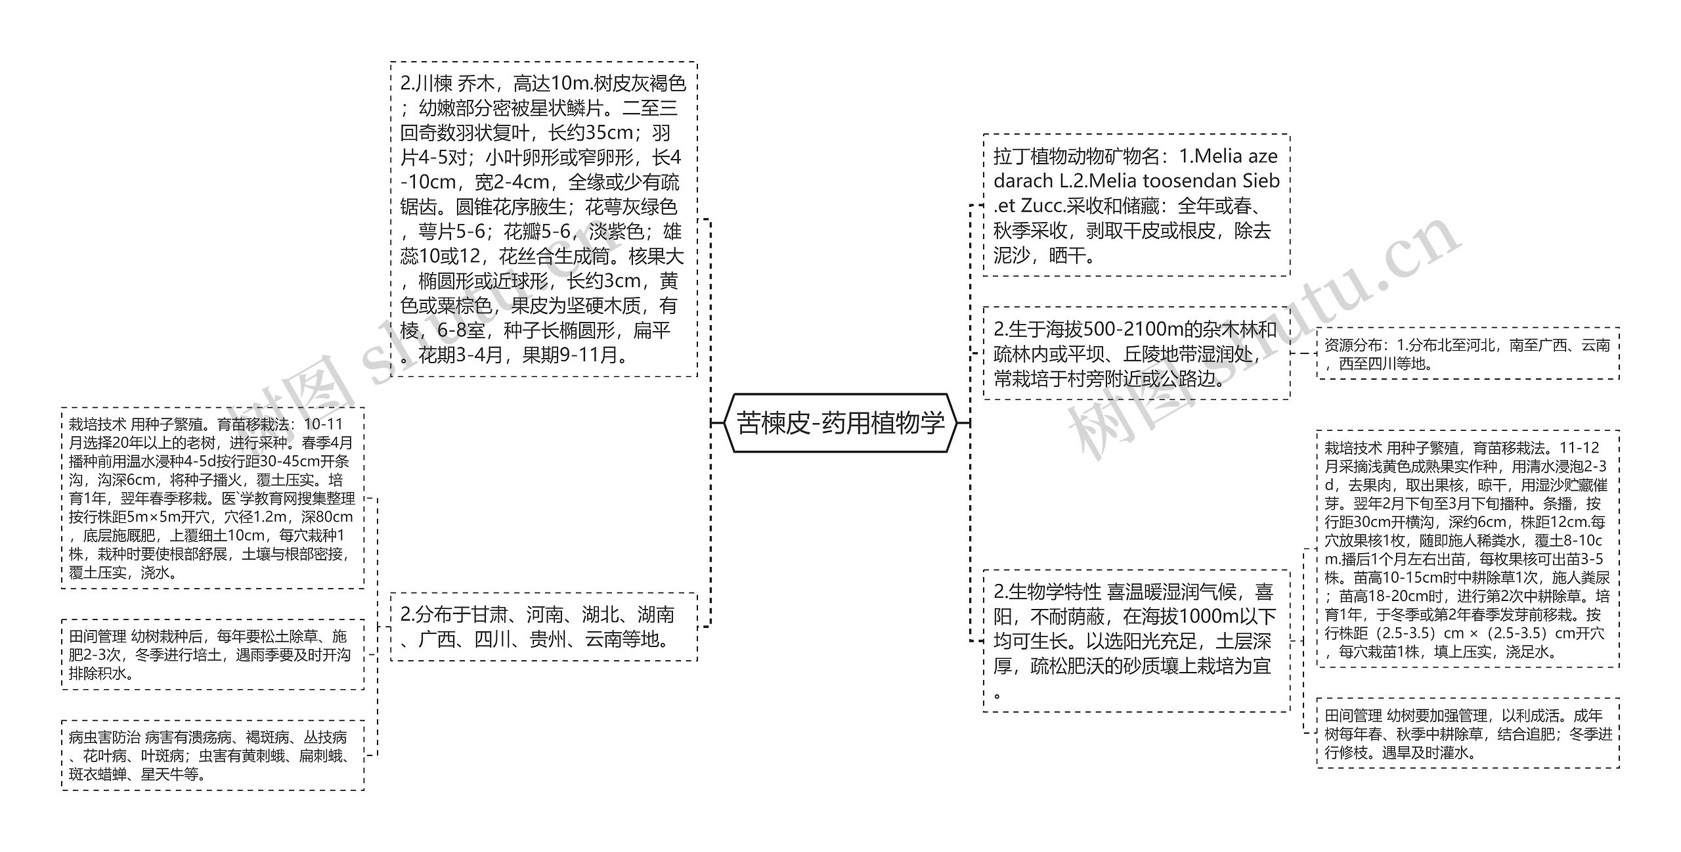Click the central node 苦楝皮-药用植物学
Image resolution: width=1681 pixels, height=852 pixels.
(840, 423)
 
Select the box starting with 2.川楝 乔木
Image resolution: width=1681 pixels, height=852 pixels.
(544, 219)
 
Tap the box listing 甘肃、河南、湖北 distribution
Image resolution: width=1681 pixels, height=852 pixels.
(544, 627)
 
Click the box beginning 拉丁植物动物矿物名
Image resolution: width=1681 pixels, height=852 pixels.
(1136, 206)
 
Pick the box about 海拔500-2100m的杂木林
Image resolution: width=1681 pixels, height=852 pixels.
(1136, 353)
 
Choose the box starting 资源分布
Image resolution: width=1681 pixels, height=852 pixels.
(1468, 354)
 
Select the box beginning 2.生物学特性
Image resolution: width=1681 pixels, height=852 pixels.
(1136, 641)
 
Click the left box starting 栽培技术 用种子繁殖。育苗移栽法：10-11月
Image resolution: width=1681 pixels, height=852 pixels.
(212, 498)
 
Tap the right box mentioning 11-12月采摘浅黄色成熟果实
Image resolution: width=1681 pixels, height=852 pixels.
(1468, 549)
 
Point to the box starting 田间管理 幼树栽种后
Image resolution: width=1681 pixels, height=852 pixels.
(212, 654)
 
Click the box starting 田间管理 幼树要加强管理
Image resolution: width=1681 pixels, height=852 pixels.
(1468, 733)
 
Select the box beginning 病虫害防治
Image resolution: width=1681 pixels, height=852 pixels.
(212, 755)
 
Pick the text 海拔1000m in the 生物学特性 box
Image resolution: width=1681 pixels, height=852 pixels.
(1183, 617)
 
